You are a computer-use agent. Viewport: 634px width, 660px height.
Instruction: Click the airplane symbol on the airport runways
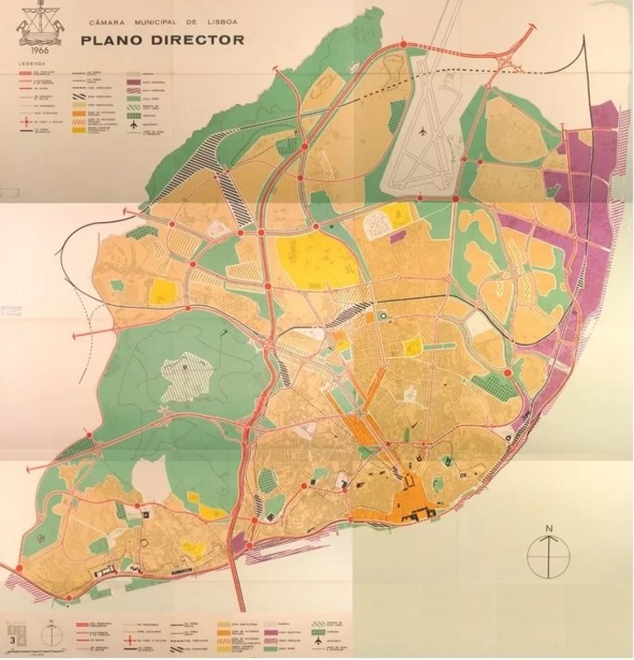coord(422,130)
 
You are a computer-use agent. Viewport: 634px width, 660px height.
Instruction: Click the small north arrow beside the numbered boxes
coord(53,630)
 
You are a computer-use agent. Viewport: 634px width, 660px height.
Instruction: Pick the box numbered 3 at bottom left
coord(11,639)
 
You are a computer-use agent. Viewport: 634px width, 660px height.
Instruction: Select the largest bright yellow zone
coord(310,258)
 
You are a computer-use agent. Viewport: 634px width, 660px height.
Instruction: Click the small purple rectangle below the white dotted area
coord(397,236)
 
